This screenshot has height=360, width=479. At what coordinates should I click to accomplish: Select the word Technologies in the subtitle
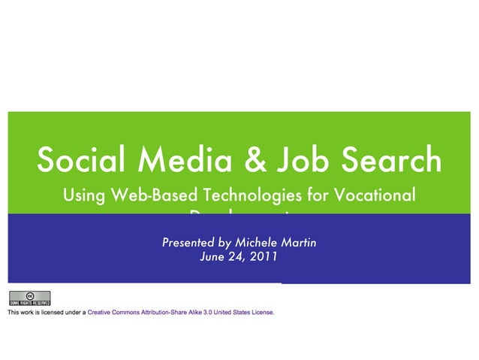[x=248, y=197]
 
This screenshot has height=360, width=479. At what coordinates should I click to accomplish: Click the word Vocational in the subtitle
[x=373, y=196]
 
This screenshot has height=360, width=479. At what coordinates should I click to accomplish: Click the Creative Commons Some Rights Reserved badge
[x=29, y=298]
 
